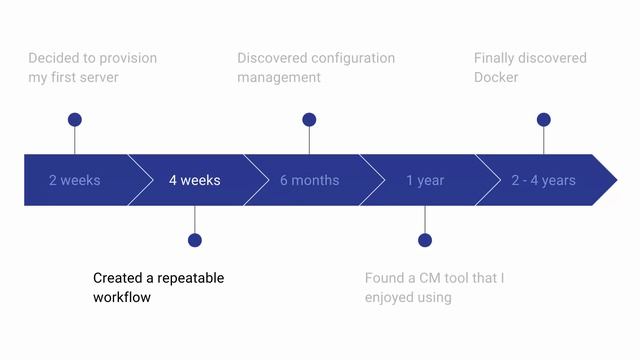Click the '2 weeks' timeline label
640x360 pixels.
[75, 181]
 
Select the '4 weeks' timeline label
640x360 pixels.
[194, 181]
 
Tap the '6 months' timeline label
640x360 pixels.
[309, 181]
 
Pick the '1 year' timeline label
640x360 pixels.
[425, 181]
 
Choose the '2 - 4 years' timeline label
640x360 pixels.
[543, 181]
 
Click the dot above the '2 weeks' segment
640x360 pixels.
[75, 120]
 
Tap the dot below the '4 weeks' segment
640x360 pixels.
[194, 240]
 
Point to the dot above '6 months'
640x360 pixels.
[309, 120]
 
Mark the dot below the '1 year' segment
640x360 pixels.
[425, 240]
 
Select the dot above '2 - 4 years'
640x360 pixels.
[543, 120]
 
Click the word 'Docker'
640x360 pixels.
[496, 77]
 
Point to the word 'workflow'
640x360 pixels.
[122, 297]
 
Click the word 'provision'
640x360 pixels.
[127, 58]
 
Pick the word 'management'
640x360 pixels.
[279, 77]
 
